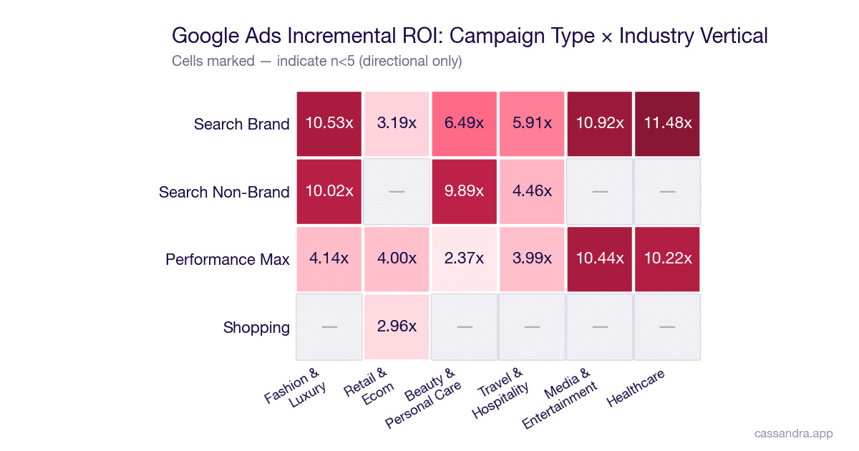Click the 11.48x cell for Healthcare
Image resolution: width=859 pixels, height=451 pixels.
tap(667, 123)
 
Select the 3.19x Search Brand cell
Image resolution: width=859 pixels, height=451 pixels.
tap(397, 123)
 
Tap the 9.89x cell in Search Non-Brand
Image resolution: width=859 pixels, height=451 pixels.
tap(464, 191)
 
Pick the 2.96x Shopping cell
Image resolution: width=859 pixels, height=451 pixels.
tap(397, 326)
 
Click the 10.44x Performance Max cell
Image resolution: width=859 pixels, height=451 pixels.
tap(600, 258)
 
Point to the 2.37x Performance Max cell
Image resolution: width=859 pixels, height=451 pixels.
tap(464, 258)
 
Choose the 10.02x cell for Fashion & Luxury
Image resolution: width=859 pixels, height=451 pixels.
tap(329, 191)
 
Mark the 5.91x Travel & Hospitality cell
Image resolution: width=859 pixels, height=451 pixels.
tap(532, 123)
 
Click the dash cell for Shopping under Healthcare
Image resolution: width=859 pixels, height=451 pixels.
tap(667, 326)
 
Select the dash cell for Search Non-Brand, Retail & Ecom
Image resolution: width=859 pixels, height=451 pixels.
tap(397, 191)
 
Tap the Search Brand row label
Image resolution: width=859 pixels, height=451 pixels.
tap(241, 124)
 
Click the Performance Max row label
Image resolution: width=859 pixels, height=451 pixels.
tap(227, 259)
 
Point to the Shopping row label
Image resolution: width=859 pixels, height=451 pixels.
tap(256, 327)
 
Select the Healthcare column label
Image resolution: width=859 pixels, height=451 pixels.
tap(636, 387)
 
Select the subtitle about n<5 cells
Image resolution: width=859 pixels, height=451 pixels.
tap(316, 61)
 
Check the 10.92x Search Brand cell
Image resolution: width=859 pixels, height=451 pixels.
tap(600, 123)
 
